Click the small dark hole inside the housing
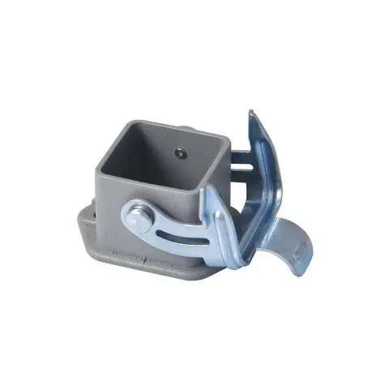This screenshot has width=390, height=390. pos(179,151)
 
